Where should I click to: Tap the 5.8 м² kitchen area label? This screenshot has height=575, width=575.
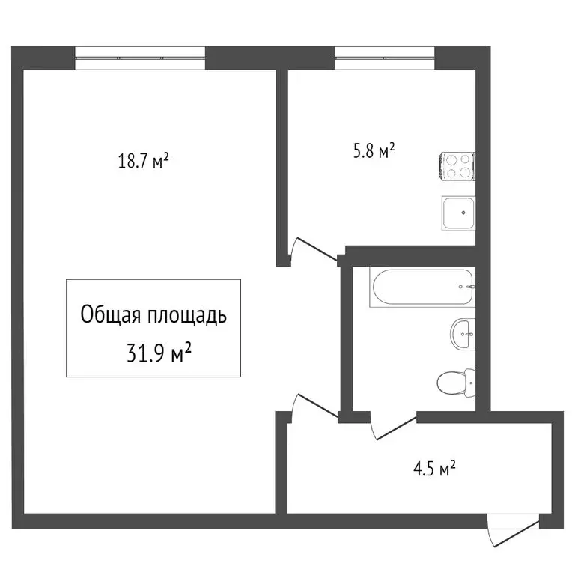[374, 152]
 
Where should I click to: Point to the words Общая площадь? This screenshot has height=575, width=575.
[153, 315]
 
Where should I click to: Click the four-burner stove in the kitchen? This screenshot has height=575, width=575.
[458, 166]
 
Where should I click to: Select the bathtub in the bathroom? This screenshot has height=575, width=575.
[422, 287]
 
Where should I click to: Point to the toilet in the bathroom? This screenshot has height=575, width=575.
[455, 383]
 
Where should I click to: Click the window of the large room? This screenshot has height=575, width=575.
[140, 58]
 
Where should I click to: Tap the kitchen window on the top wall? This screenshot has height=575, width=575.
[384, 58]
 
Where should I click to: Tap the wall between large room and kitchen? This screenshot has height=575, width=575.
[282, 165]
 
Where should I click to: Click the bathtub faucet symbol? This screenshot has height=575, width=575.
[468, 287]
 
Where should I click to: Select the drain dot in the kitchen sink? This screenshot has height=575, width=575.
[463, 213]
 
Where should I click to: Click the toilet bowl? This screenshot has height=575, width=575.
[450, 383]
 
